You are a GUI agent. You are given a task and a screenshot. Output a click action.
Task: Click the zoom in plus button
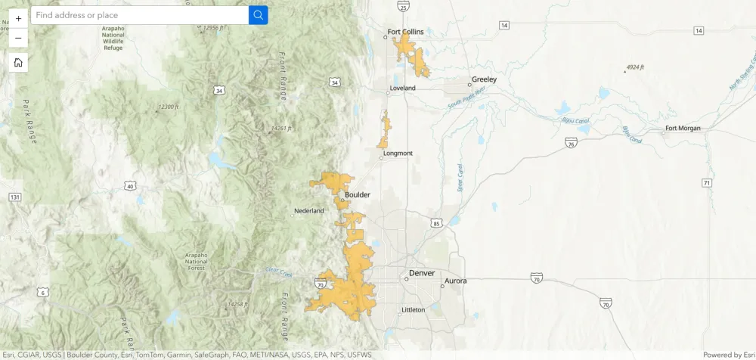pos(18,17)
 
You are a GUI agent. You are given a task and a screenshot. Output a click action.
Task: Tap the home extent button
pos(18,62)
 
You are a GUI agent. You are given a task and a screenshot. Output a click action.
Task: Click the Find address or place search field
pos(140,15)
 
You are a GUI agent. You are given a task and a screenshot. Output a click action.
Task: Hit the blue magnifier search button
pos(258,15)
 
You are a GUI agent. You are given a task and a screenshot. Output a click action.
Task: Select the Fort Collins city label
pos(405,32)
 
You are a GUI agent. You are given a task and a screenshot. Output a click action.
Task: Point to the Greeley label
pos(484,79)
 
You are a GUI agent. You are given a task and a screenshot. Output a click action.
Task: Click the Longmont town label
pos(398,154)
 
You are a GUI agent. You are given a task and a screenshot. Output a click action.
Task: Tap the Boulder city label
pos(358,195)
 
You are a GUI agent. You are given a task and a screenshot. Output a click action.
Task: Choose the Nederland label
pos(308,211)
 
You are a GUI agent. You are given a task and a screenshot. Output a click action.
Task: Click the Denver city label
pos(422,273)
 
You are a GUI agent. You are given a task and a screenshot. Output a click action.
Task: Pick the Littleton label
pos(413,309)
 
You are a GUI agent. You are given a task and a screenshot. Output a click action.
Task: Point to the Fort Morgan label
pos(683,128)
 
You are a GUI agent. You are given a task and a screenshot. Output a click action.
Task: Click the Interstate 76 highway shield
pos(571,141)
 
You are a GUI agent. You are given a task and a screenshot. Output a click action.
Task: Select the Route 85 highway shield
pos(436,223)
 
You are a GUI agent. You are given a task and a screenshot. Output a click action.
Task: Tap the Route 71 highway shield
pos(706,183)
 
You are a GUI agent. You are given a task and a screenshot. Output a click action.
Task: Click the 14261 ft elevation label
pos(281,128)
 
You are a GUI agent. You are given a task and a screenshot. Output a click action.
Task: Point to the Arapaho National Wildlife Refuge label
pos(113,38)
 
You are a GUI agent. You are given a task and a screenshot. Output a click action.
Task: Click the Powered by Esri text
pos(728,355)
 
